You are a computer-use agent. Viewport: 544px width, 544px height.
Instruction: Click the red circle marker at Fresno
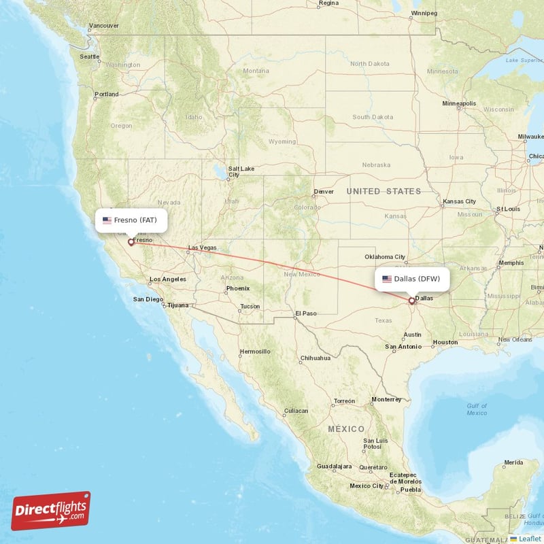click(131, 242)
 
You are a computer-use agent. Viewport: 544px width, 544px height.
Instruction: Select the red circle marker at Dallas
click(411, 301)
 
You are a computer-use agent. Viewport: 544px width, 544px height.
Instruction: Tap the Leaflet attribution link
click(529, 538)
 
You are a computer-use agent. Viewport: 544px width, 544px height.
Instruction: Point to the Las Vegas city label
click(202, 249)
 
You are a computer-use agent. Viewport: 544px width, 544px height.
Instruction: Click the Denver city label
click(325, 192)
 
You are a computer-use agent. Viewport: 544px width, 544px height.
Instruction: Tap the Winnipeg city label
click(425, 12)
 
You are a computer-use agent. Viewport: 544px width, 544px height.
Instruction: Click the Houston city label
click(445, 342)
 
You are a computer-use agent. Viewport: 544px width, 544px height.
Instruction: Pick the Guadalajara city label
click(334, 466)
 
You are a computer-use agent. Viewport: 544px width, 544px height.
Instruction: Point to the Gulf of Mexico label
click(477, 409)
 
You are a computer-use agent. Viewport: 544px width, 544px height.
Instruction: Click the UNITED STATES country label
click(384, 192)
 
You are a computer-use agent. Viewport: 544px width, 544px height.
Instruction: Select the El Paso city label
click(305, 313)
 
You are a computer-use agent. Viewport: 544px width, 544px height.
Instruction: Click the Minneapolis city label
click(459, 104)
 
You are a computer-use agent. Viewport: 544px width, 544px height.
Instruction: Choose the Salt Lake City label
click(241, 172)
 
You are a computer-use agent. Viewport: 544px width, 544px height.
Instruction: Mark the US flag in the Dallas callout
click(387, 279)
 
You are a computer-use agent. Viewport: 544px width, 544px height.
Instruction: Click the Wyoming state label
click(282, 141)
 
